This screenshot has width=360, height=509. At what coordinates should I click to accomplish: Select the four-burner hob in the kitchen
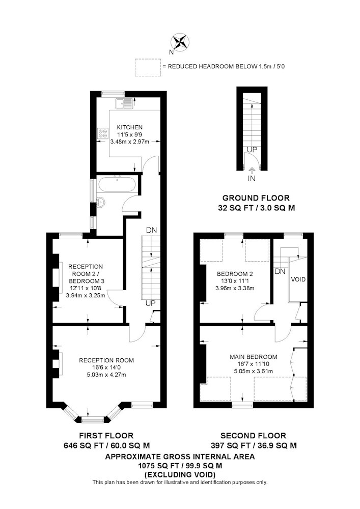pos(102,133)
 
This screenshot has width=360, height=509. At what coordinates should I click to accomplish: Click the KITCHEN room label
pos(129,127)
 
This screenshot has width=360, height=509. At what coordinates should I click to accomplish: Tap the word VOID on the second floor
pos(298,279)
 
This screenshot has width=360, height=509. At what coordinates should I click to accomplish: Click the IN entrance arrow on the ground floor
pos(252,170)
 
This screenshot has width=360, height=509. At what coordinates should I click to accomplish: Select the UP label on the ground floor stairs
pos(252,150)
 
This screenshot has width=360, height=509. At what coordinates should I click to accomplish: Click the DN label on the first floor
pos(151,230)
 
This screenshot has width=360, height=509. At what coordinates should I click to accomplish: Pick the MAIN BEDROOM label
pos(254,357)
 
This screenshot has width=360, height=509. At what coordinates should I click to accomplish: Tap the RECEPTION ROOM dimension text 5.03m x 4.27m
pos(106,375)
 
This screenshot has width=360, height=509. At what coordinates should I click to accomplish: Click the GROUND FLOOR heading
pos(256,197)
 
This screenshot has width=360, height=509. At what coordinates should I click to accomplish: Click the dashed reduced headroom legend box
pos(148,68)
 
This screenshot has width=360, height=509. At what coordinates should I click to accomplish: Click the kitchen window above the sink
pos(113,94)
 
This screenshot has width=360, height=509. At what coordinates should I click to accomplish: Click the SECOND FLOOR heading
pos(253,435)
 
